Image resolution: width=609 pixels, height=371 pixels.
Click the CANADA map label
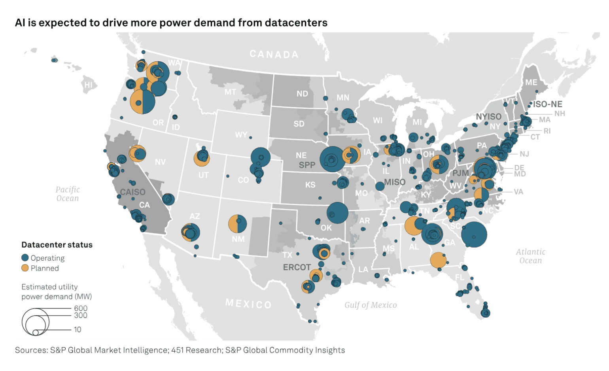[x=274, y=54]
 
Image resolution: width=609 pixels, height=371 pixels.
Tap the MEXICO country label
[x=248, y=304]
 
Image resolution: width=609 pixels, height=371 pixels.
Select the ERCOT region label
[x=297, y=267]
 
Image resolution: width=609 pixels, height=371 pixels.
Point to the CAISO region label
[x=132, y=192]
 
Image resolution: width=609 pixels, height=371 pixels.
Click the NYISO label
[x=488, y=117]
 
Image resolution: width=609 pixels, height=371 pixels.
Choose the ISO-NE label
[x=547, y=104]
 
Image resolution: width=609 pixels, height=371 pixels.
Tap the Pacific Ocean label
[x=68, y=194]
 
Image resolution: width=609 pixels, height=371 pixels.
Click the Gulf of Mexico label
[x=371, y=305]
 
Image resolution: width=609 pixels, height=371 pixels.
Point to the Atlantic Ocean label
[x=530, y=256]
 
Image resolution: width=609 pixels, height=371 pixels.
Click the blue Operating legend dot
[x=25, y=258]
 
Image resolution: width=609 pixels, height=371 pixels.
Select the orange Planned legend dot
[x=25, y=268]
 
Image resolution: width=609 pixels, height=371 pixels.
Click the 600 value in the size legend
[x=81, y=308]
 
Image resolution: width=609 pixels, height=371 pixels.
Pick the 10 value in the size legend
[x=78, y=329]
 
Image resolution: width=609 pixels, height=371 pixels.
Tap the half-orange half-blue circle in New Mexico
[x=238, y=224]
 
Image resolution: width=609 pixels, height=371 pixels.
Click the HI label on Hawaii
[x=89, y=85]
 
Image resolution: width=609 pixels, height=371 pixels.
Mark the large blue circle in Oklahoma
[x=337, y=213]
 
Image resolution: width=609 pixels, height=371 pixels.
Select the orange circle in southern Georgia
[x=438, y=260]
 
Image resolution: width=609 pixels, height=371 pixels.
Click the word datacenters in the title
[x=296, y=23]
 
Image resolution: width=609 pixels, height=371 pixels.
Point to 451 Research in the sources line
[x=196, y=350]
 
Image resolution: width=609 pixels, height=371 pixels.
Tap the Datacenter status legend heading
[x=57, y=245]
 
